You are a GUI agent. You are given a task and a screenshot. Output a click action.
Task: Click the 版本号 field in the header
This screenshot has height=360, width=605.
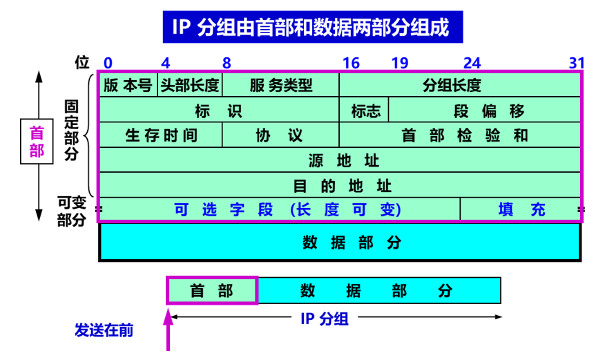128,85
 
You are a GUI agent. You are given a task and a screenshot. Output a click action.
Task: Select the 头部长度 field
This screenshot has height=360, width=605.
190,85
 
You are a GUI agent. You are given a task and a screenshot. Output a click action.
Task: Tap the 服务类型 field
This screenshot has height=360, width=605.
280,85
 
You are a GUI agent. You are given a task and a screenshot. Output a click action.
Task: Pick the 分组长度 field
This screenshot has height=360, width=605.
460,85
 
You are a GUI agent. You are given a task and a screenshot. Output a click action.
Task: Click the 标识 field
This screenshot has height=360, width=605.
219,111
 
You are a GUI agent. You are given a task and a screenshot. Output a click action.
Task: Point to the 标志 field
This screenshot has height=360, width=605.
364,111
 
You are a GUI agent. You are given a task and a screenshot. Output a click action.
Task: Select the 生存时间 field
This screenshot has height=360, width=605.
161,135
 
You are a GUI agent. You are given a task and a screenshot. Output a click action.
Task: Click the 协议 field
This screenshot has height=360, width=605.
280,135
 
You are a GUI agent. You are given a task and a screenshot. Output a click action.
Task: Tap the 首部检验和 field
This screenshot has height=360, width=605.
460,135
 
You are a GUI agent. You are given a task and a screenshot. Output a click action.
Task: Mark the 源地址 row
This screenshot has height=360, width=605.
340,161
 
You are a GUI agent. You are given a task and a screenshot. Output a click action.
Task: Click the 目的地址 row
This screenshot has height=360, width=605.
340,186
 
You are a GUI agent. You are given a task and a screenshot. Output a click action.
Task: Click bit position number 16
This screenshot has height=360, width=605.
351,63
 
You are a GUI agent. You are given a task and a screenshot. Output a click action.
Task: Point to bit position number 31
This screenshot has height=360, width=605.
577,63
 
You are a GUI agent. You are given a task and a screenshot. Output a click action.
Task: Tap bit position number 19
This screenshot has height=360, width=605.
400,63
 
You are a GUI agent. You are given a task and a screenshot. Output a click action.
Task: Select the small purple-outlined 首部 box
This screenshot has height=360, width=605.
212,290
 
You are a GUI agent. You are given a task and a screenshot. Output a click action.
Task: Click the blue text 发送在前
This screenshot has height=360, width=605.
104,330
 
